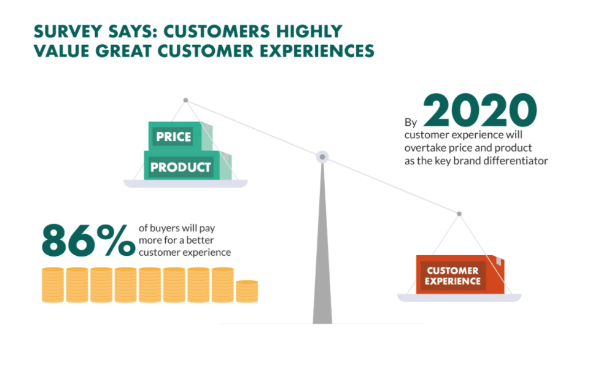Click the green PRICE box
point(181,136)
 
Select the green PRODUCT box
point(188,165)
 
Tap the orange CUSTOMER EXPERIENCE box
point(460,275)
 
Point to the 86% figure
point(88,240)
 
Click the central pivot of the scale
point(322,157)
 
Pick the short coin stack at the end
point(247,291)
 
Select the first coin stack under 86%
point(53,285)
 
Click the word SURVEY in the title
point(68,32)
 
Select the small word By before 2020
point(411,123)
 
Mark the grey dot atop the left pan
point(185,100)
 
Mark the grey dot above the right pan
point(459,213)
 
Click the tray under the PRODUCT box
point(185,183)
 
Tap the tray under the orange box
point(459,298)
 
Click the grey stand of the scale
point(322,244)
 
